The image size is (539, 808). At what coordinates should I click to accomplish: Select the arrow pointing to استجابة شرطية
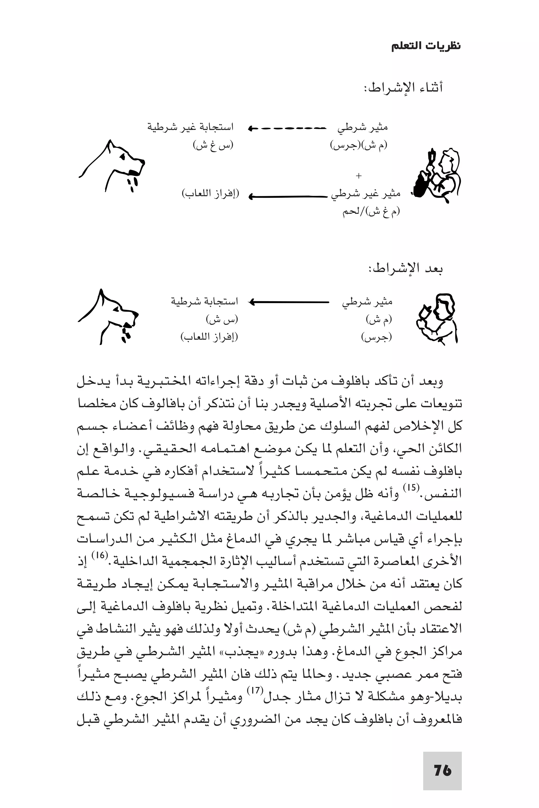tap(289, 302)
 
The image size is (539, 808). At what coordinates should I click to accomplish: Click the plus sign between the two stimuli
tap(358, 176)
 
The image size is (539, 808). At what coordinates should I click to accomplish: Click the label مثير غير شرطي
tap(365, 195)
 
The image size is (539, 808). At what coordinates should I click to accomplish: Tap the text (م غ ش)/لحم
tap(371, 212)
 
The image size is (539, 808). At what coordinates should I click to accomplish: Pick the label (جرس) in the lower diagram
tap(376, 337)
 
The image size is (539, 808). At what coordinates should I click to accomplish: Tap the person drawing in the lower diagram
tap(437, 318)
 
